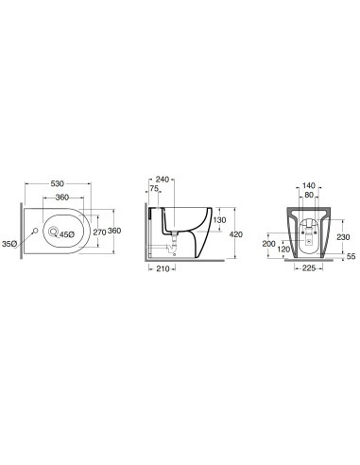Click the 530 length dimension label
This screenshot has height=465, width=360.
click(x=58, y=183)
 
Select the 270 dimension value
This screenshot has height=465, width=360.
click(x=99, y=232)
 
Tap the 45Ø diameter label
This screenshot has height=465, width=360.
click(x=67, y=234)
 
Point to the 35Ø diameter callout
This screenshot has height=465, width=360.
click(x=9, y=244)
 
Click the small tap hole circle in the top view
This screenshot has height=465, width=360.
click(x=35, y=231)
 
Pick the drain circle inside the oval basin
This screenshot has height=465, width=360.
click(x=53, y=232)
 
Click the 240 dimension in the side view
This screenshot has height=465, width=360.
click(x=163, y=180)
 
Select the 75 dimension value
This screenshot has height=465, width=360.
click(x=154, y=188)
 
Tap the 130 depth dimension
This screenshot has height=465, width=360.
click(x=219, y=220)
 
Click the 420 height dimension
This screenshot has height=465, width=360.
click(x=236, y=234)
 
